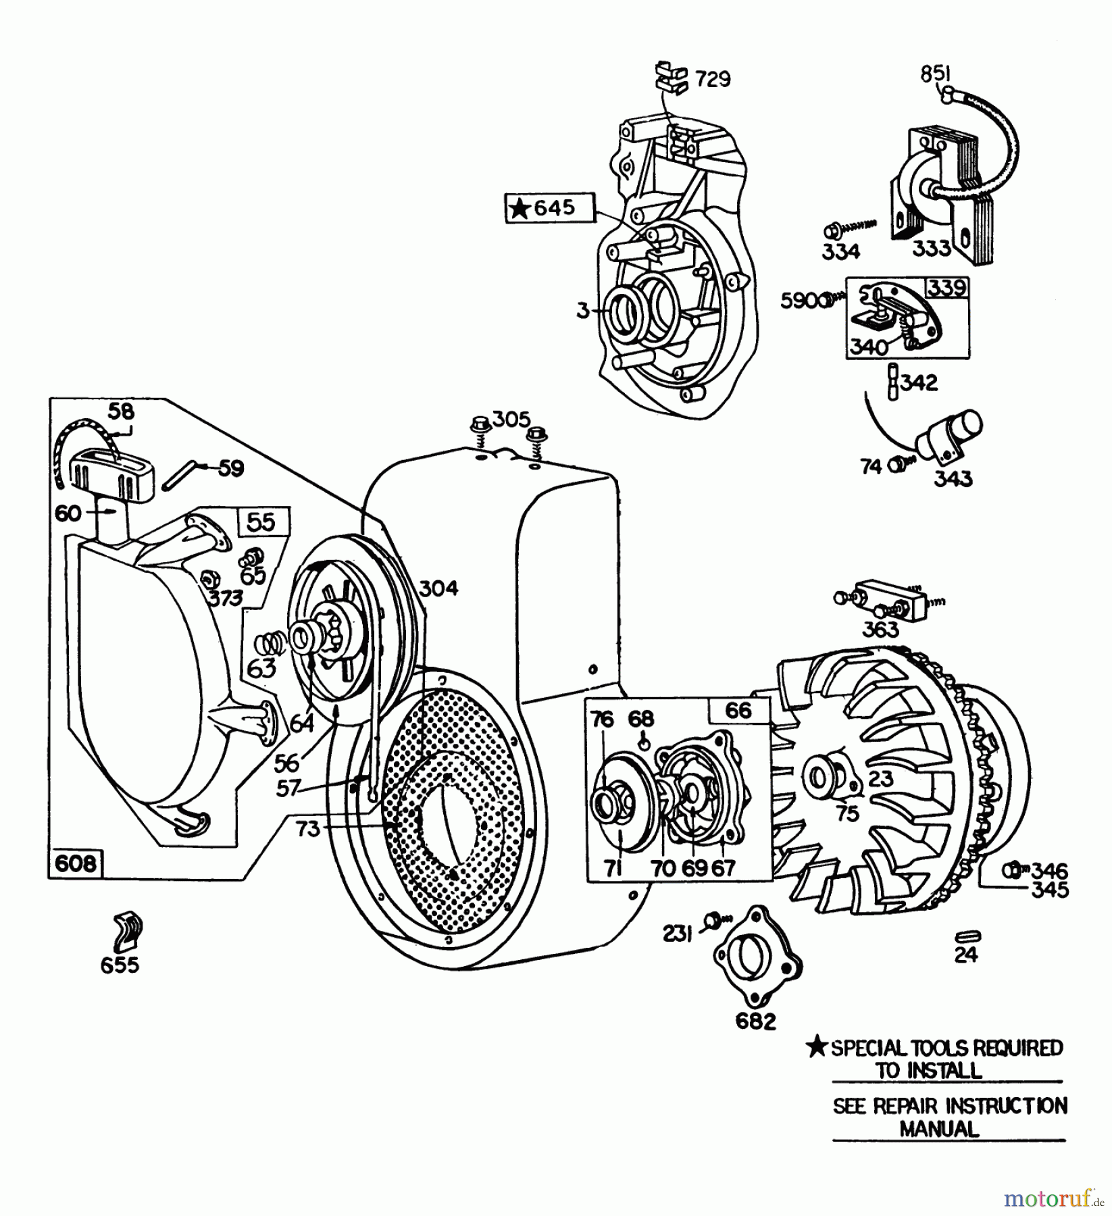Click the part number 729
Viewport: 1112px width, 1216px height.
[x=713, y=80]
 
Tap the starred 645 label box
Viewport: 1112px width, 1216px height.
[x=550, y=209]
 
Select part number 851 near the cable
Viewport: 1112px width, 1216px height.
[x=935, y=74]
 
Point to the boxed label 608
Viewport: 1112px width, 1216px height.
[x=75, y=863]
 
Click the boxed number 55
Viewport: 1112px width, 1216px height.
[x=262, y=522]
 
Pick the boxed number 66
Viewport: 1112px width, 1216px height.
[x=738, y=710]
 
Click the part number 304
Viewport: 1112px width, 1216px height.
[x=438, y=588]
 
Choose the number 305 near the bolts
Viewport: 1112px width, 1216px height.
[x=511, y=420]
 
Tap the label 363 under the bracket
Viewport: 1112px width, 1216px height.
[x=881, y=629]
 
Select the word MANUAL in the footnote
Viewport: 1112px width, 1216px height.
[x=938, y=1129]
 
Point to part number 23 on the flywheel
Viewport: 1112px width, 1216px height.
[x=880, y=778]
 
